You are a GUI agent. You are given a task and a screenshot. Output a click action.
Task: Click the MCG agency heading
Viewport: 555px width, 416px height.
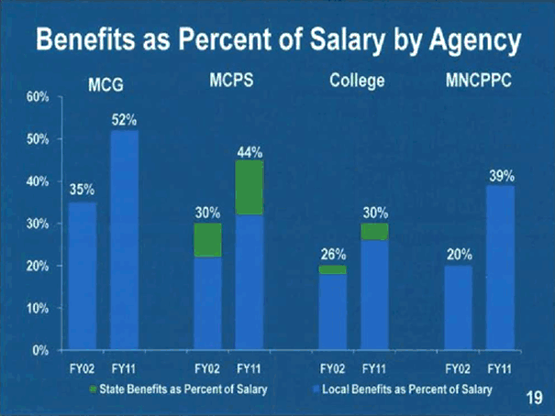click(105, 85)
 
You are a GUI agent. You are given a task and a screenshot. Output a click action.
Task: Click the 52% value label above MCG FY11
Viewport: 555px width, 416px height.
click(125, 120)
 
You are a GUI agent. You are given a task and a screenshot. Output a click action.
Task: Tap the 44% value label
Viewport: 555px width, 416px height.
click(250, 151)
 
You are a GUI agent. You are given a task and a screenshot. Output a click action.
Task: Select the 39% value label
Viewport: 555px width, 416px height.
click(501, 174)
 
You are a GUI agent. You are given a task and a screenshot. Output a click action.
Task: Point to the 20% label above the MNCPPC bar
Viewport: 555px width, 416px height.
click(459, 254)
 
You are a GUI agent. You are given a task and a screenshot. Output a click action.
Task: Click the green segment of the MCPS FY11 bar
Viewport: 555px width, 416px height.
click(250, 188)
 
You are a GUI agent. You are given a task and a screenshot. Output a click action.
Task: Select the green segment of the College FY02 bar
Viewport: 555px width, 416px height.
click(333, 269)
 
